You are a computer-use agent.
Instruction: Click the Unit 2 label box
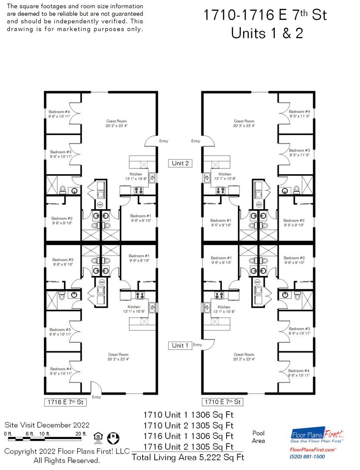point(180,163)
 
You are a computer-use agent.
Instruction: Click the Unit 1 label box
point(180,346)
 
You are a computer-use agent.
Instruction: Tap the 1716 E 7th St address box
point(65,402)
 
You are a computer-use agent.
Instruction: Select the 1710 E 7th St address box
point(223,402)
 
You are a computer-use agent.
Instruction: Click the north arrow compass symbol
point(113,438)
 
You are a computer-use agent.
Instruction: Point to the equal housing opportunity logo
point(98,438)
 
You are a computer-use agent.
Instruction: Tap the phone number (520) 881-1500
point(307,457)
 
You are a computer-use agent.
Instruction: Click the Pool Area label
point(258,437)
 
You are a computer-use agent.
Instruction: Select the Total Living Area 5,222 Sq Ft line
point(188,457)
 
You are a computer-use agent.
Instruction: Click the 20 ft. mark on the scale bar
point(81,434)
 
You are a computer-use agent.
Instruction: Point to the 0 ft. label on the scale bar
point(8,434)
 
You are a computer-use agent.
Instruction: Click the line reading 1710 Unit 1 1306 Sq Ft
point(188,415)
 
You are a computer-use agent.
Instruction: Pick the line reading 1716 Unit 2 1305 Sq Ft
point(188,446)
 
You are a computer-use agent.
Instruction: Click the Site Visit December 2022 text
point(47,425)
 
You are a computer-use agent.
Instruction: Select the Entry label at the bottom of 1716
point(96,397)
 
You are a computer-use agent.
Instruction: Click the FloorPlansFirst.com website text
point(313,450)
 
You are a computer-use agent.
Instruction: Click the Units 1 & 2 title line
point(267,33)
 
